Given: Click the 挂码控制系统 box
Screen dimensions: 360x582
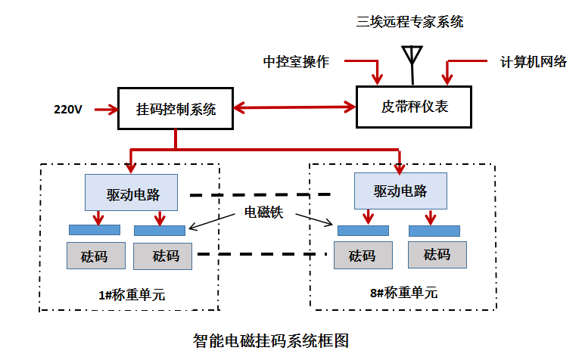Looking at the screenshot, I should (176, 109).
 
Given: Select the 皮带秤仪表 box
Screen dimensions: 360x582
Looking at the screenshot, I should (413, 107).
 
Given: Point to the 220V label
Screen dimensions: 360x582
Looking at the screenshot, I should (68, 110).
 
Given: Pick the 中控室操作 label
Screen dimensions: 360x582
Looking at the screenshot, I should (296, 62).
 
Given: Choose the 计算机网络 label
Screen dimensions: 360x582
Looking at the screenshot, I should (534, 62).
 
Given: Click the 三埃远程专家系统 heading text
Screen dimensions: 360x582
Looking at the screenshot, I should (410, 22).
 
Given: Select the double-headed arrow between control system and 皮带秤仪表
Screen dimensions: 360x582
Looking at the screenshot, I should (294, 107).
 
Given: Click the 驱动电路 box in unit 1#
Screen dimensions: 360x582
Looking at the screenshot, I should (132, 194).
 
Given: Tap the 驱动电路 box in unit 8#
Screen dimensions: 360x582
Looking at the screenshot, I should (400, 191).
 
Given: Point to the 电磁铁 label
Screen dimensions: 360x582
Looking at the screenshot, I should (262, 213).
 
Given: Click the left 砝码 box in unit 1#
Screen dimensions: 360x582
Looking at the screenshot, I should (94, 256).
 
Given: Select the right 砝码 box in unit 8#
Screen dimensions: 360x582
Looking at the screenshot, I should (437, 254).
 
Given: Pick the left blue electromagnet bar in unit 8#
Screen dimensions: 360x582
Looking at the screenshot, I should (363, 230).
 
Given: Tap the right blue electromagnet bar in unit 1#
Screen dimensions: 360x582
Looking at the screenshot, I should (160, 230).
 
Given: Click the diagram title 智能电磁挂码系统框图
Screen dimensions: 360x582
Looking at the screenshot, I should (272, 340).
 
